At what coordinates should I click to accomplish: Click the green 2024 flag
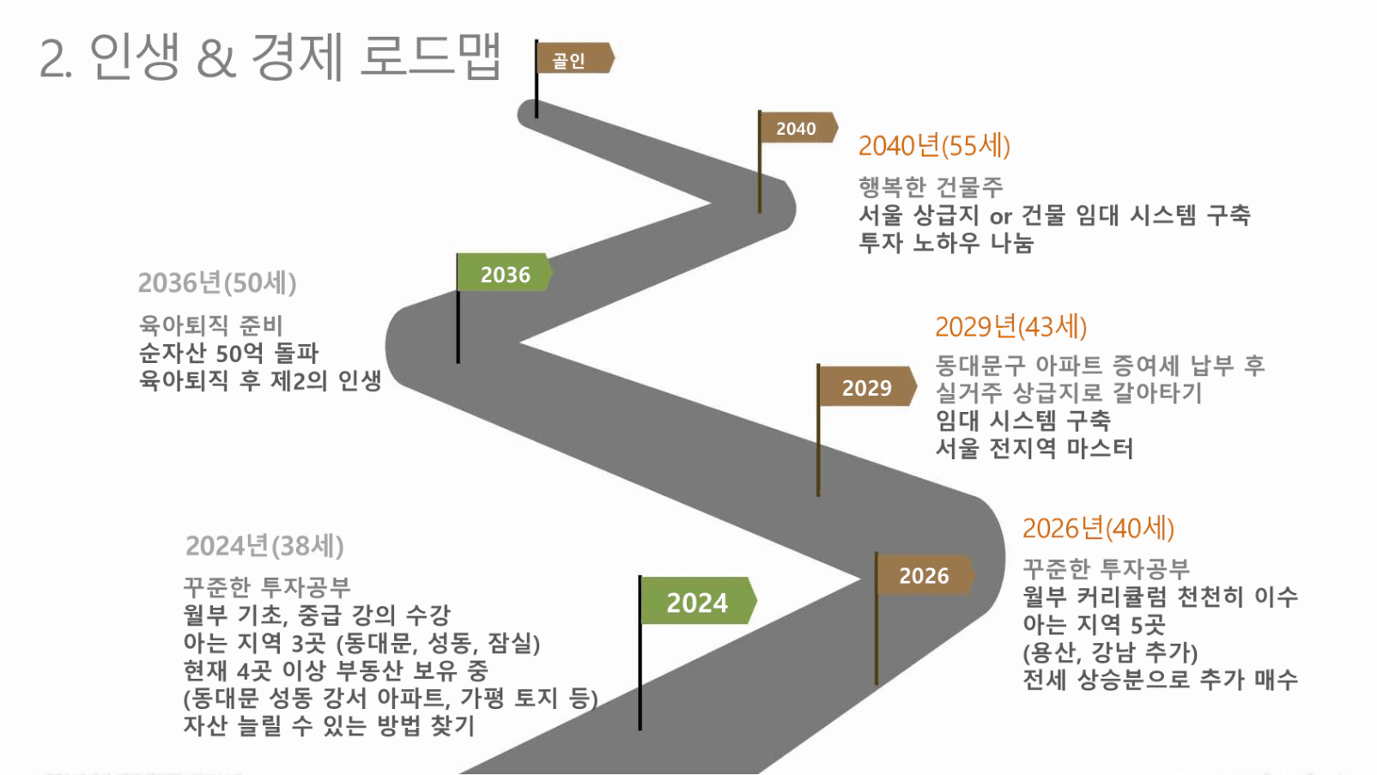tap(698, 601)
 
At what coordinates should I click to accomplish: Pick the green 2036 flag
tap(504, 272)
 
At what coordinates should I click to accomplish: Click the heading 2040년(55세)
tap(934, 146)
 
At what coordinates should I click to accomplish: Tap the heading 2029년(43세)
tap(1010, 326)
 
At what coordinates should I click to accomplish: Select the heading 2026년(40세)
tap(1098, 529)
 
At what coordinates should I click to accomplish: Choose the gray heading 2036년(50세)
tap(217, 282)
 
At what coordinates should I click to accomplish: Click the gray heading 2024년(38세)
tap(264, 546)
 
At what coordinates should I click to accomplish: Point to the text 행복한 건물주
tap(930, 186)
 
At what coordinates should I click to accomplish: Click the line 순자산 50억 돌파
tap(228, 354)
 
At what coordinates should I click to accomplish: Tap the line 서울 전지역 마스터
tap(1034, 447)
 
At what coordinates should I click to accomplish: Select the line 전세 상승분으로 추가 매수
tap(1160, 679)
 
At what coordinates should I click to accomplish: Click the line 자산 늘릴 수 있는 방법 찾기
tap(329, 725)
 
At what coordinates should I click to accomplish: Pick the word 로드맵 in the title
tap(431, 57)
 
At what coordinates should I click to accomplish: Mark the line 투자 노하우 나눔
tap(945, 242)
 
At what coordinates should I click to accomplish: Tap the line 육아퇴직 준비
tap(210, 325)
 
